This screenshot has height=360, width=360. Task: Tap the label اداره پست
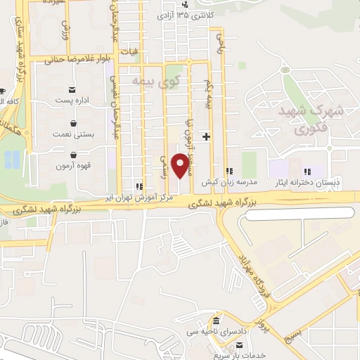[72, 101]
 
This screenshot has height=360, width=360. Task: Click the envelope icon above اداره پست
[72, 90]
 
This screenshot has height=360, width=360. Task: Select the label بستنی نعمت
[72, 133]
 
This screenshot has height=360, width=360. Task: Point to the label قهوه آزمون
[72, 166]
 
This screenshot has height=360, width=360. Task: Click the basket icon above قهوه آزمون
[72, 155]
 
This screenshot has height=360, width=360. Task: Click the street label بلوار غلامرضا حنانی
[77, 60]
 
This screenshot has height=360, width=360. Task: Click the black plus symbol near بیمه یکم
[206, 136]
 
